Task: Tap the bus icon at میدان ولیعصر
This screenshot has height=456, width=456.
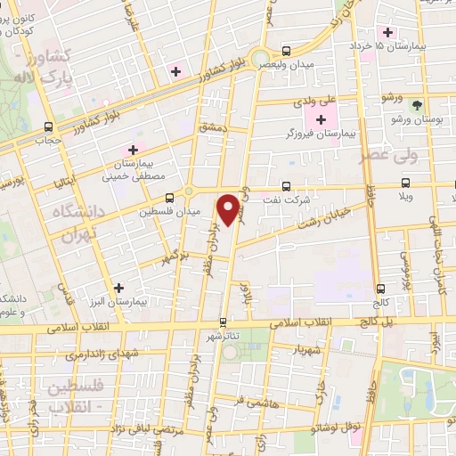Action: point(286,51)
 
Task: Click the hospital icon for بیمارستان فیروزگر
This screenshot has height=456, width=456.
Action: point(321,119)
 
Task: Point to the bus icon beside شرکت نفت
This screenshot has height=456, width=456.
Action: point(286,186)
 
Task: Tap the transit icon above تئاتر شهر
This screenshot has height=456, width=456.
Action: point(224,322)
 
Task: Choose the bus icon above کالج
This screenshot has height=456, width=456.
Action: point(381,289)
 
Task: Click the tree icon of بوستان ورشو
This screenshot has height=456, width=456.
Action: point(416,105)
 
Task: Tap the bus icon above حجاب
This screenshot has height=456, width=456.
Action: point(47,126)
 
